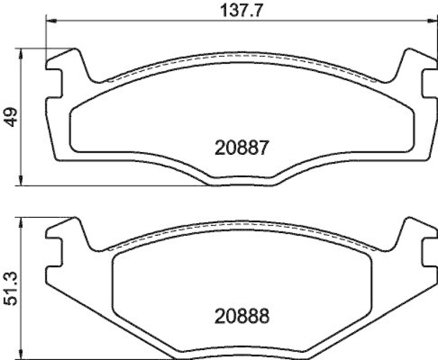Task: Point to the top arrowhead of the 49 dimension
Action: pos(21,52)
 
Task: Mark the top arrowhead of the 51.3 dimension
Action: pos(21,220)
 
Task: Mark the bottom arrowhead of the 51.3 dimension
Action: pos(21,350)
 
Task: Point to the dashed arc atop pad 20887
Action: pos(242,60)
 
